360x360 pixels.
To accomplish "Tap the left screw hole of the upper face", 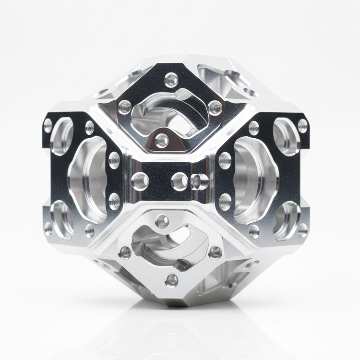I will point(125,107).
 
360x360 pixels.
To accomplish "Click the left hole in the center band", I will point(140,180).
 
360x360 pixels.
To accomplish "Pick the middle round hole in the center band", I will point(180,181).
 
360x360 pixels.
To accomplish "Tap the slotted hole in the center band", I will point(200,181).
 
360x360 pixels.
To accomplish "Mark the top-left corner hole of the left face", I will point(48,126).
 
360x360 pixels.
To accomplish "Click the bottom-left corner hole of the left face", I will point(48,229).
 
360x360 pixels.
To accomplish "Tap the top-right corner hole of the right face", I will point(302,126).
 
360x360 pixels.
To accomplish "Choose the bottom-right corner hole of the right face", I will point(302,229).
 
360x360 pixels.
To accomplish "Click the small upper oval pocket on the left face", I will point(62,136).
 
